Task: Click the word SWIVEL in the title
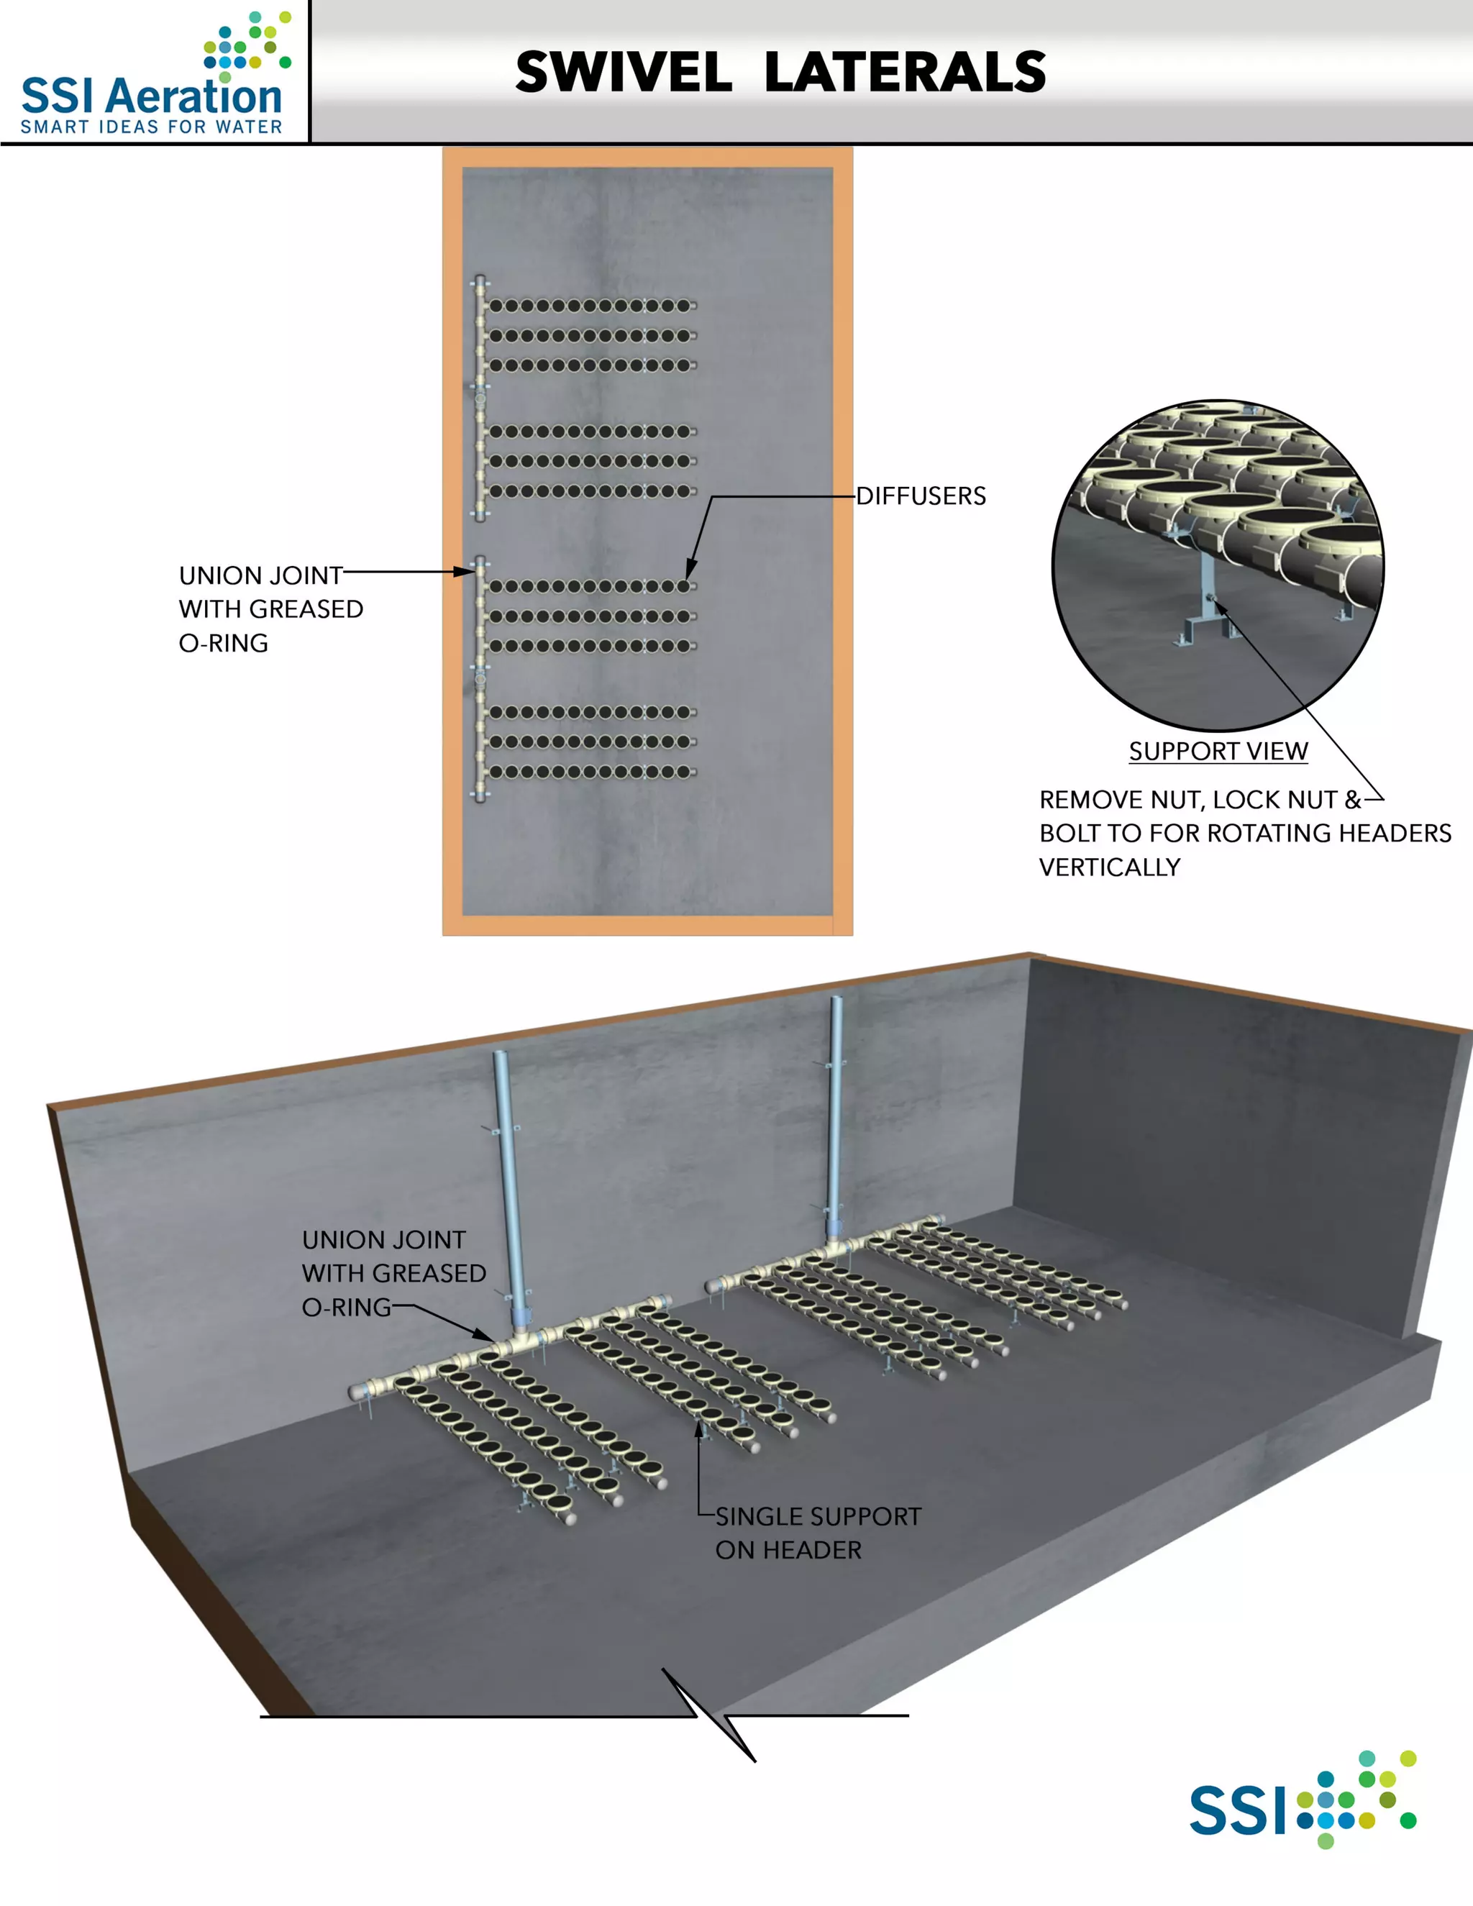coord(623,73)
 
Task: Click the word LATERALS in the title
coord(905,73)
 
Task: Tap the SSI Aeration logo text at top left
coord(151,94)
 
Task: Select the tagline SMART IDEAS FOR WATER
coord(151,127)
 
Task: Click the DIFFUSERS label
coord(921,496)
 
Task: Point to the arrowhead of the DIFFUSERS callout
coord(689,575)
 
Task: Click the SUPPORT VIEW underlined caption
coord(1218,752)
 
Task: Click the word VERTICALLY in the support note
coord(1109,867)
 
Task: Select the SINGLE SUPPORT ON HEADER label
coord(818,1533)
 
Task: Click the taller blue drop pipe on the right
coord(835,1117)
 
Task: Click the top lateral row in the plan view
coord(592,306)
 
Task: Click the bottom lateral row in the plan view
coord(592,772)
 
